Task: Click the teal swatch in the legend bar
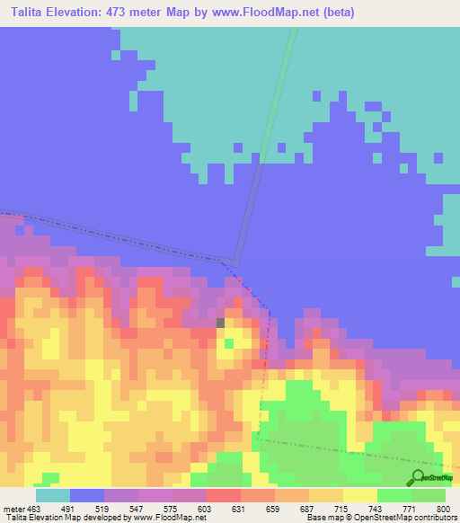[x=53, y=495]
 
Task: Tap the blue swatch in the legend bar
[x=87, y=495]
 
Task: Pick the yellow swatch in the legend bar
[x=360, y=495]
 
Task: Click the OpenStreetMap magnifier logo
[x=419, y=477]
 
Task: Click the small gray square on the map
[x=221, y=322]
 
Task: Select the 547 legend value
[x=138, y=509]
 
